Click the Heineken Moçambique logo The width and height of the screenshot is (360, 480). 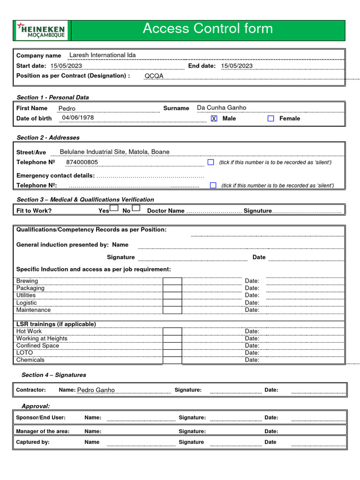point(41,30)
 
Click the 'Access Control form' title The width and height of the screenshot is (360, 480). point(207,29)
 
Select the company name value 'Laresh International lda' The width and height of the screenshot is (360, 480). point(102,55)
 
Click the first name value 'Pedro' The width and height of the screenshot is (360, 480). point(67,108)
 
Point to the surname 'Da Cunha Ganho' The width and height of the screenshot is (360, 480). point(221,108)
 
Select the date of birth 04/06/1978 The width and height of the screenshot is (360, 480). point(78,118)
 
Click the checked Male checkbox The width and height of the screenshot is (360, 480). point(214,119)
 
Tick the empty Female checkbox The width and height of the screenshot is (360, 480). point(270,119)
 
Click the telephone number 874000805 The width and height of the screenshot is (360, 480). point(82,162)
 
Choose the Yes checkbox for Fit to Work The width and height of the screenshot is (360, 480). point(114,208)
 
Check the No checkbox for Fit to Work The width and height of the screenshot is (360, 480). point(136,208)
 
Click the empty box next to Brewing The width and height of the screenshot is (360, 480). point(172,281)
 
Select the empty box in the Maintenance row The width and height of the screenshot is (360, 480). point(172,310)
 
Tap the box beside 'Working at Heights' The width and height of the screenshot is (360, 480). point(172,338)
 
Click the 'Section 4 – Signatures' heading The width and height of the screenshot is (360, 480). point(54,375)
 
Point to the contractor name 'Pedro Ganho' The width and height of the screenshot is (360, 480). point(96,390)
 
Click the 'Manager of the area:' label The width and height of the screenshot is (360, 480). point(43,431)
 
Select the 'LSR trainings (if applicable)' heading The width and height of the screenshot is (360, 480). point(56,324)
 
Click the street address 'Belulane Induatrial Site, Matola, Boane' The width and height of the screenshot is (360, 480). point(114,152)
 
